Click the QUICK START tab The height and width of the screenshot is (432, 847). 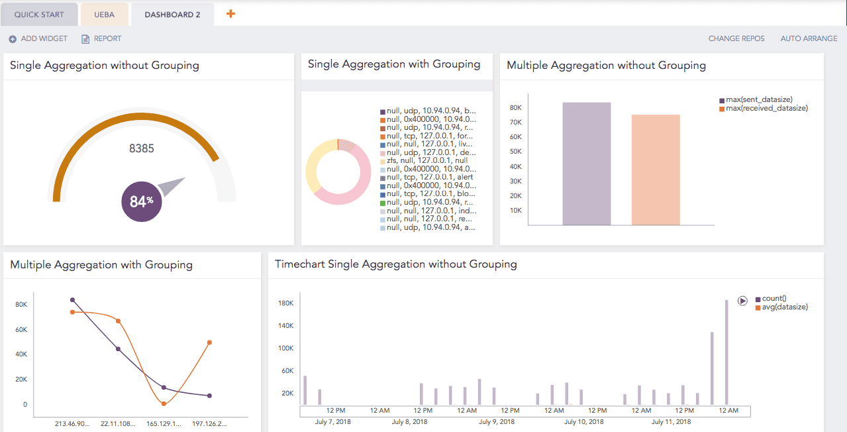[x=40, y=14]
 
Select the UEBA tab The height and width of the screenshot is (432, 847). [x=104, y=14]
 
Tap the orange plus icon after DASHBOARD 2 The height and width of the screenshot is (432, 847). [x=230, y=13]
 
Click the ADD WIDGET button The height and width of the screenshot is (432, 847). [x=38, y=38]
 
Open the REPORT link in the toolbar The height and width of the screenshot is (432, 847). [x=101, y=38]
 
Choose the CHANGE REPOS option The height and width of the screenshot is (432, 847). [x=736, y=38]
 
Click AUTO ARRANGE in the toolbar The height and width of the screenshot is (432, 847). [x=809, y=38]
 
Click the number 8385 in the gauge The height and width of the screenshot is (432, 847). [x=142, y=148]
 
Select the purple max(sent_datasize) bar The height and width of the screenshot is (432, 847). [x=586, y=164]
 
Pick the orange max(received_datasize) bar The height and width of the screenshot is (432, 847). [x=656, y=170]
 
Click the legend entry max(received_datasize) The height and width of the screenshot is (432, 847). [x=766, y=108]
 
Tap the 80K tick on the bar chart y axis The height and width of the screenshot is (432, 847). [x=516, y=107]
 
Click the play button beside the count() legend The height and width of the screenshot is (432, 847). [x=742, y=300]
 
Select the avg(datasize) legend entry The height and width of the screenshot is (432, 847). [x=785, y=307]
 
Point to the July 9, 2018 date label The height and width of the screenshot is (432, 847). [x=497, y=421]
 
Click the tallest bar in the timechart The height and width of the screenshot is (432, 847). [x=726, y=352]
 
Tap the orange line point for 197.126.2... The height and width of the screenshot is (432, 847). [x=209, y=343]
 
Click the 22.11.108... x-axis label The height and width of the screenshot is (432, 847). [x=119, y=423]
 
